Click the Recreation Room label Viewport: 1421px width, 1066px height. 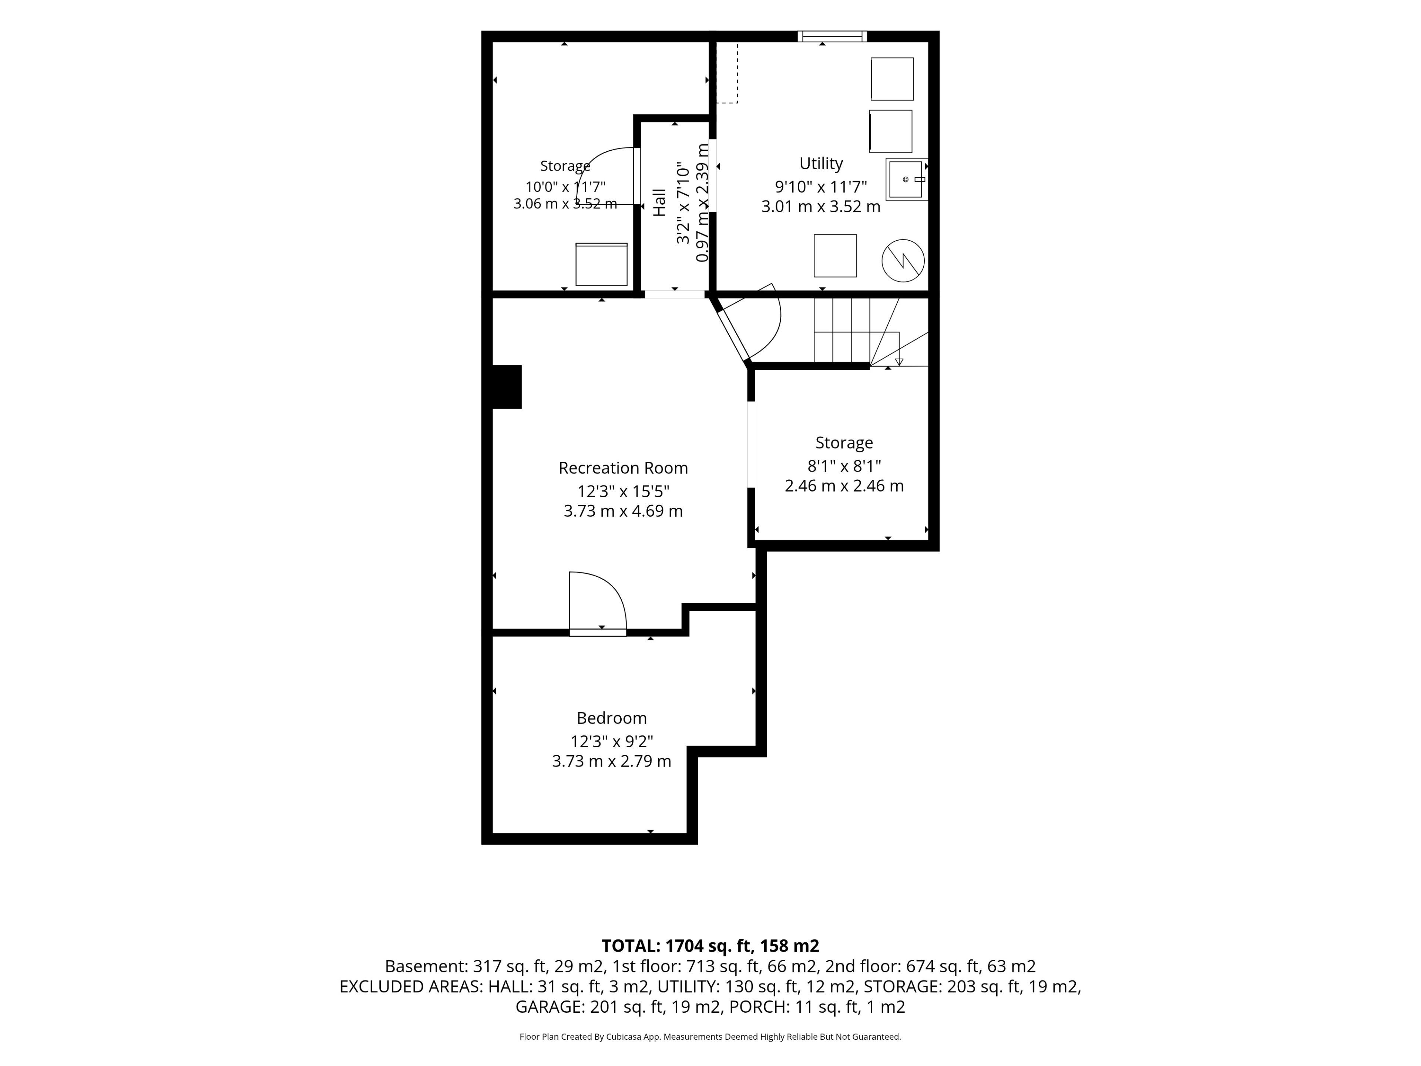[x=623, y=468]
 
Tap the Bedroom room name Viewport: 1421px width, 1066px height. [x=612, y=718]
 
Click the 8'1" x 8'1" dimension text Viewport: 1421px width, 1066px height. [x=844, y=466]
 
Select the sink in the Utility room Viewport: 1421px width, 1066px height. [x=906, y=179]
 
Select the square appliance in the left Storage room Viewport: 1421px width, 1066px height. [x=601, y=264]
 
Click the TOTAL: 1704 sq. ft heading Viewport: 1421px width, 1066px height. [x=710, y=946]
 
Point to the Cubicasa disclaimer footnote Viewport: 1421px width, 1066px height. [x=710, y=1036]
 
